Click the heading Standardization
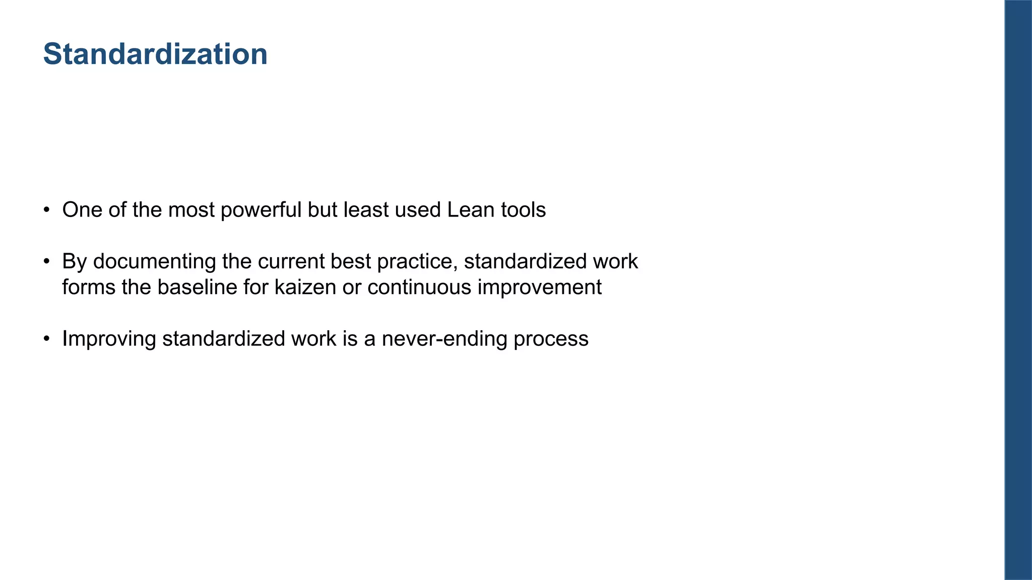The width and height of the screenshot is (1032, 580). coord(155,54)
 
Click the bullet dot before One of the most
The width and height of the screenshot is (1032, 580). coord(46,210)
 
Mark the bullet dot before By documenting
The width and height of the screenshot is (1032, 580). coord(46,262)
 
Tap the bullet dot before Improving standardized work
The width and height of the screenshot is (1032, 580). coord(46,339)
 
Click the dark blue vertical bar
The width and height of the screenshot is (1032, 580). coord(1018,290)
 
